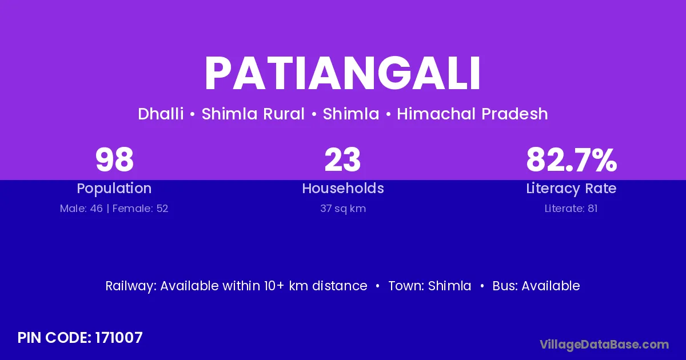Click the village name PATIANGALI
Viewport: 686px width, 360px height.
[342, 74]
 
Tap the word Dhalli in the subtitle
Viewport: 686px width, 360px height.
[161, 114]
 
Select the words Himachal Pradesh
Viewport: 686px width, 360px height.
[472, 114]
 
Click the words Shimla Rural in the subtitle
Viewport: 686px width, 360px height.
[253, 114]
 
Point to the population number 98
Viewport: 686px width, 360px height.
[114, 159]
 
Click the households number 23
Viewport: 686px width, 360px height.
[342, 159]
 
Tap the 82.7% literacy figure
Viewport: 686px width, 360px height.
[572, 159]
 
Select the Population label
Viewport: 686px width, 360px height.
[114, 189]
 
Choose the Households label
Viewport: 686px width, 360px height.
[343, 188]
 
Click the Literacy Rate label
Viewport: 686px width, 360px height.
[571, 189]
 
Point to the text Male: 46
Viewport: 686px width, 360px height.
[81, 209]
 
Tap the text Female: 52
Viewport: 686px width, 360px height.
[140, 209]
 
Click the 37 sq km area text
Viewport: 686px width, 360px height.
[343, 209]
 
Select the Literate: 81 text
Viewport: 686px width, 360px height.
[571, 209]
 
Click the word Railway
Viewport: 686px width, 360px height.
[131, 286]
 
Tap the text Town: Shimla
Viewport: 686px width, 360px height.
[430, 286]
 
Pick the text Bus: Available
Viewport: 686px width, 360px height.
[536, 286]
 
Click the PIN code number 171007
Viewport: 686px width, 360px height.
[119, 338]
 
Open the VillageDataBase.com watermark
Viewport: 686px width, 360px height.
[604, 345]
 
